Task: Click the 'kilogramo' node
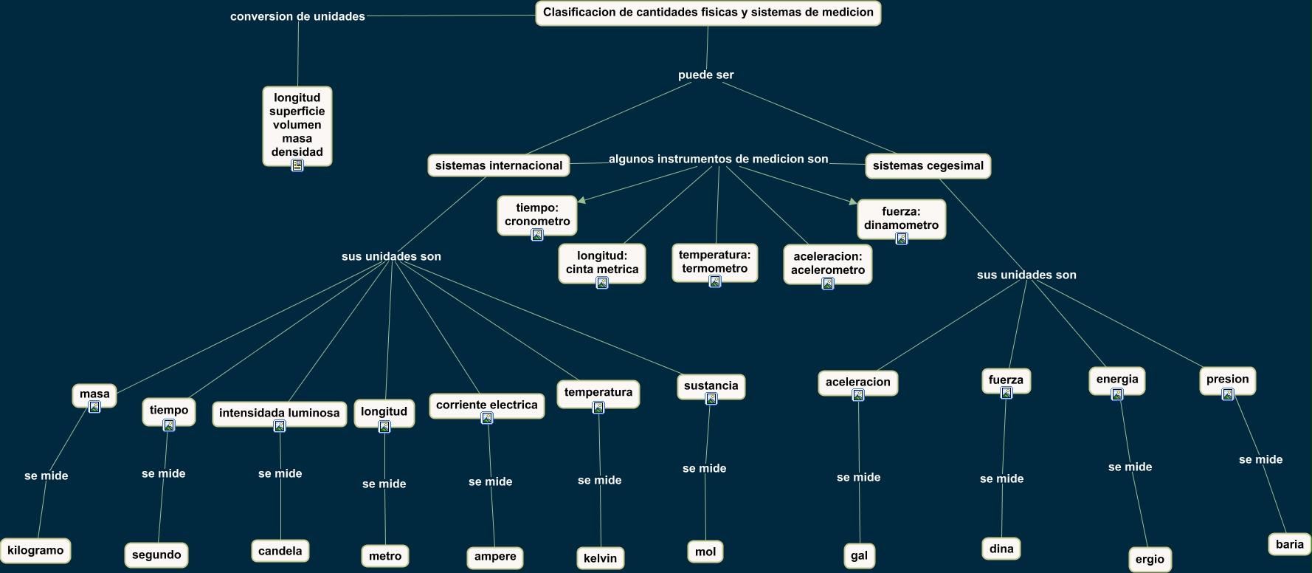35,550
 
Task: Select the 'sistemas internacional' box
499,165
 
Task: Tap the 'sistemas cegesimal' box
928,165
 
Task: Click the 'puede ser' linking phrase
705,75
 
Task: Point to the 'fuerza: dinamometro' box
901,218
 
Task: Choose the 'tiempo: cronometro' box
537,214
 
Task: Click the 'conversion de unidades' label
297,16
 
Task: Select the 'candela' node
280,551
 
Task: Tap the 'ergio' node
1150,559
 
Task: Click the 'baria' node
1289,544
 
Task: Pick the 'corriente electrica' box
486,405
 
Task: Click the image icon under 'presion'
1228,394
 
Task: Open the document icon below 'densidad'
297,165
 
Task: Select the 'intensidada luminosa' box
279,413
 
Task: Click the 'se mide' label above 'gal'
858,477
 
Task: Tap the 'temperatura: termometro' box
714,261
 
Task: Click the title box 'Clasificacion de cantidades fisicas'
708,13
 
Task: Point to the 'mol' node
705,552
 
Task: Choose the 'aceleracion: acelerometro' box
827,263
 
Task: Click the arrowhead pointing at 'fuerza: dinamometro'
852,202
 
